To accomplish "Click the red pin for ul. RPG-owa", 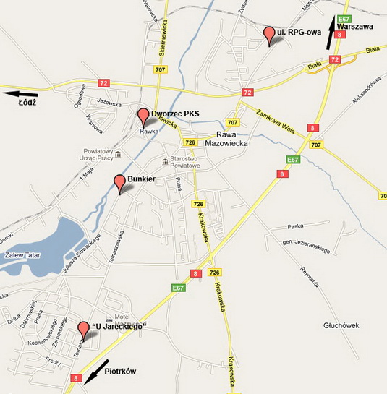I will coord(269,33).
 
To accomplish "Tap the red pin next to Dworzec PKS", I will coord(143,114).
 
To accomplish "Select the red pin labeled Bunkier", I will coord(120,181).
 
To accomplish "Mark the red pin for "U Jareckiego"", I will coord(83,329).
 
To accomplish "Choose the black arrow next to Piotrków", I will coord(97,370).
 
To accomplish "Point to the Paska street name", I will coord(295,226).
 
